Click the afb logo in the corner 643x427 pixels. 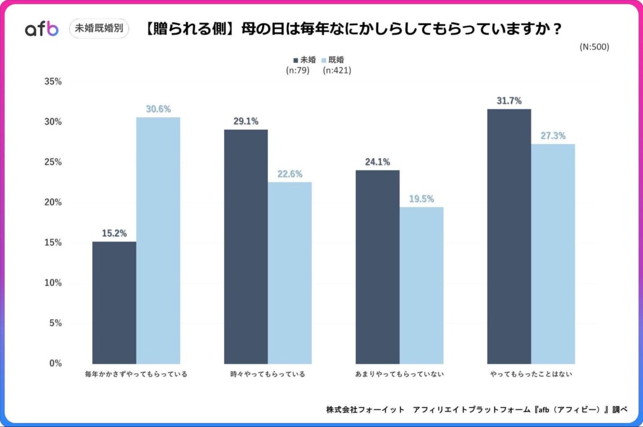[x=41, y=29]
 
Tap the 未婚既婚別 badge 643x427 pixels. [x=99, y=28]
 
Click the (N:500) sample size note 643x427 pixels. [x=594, y=47]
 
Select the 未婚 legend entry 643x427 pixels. [x=304, y=60]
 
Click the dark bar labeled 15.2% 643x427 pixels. [x=114, y=303]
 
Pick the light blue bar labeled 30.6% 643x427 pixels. [x=158, y=241]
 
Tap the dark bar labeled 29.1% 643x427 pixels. [x=246, y=246]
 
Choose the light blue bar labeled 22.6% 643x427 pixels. [x=290, y=273]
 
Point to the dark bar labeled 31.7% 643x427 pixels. [x=509, y=236]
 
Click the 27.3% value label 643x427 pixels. [x=553, y=136]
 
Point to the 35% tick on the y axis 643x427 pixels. [x=53, y=82]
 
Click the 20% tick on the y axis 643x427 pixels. [x=53, y=203]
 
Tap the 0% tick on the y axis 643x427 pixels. [x=56, y=363]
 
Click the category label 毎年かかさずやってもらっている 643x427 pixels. [x=136, y=374]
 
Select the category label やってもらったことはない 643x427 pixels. [x=530, y=374]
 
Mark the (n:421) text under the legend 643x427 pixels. [x=337, y=70]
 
